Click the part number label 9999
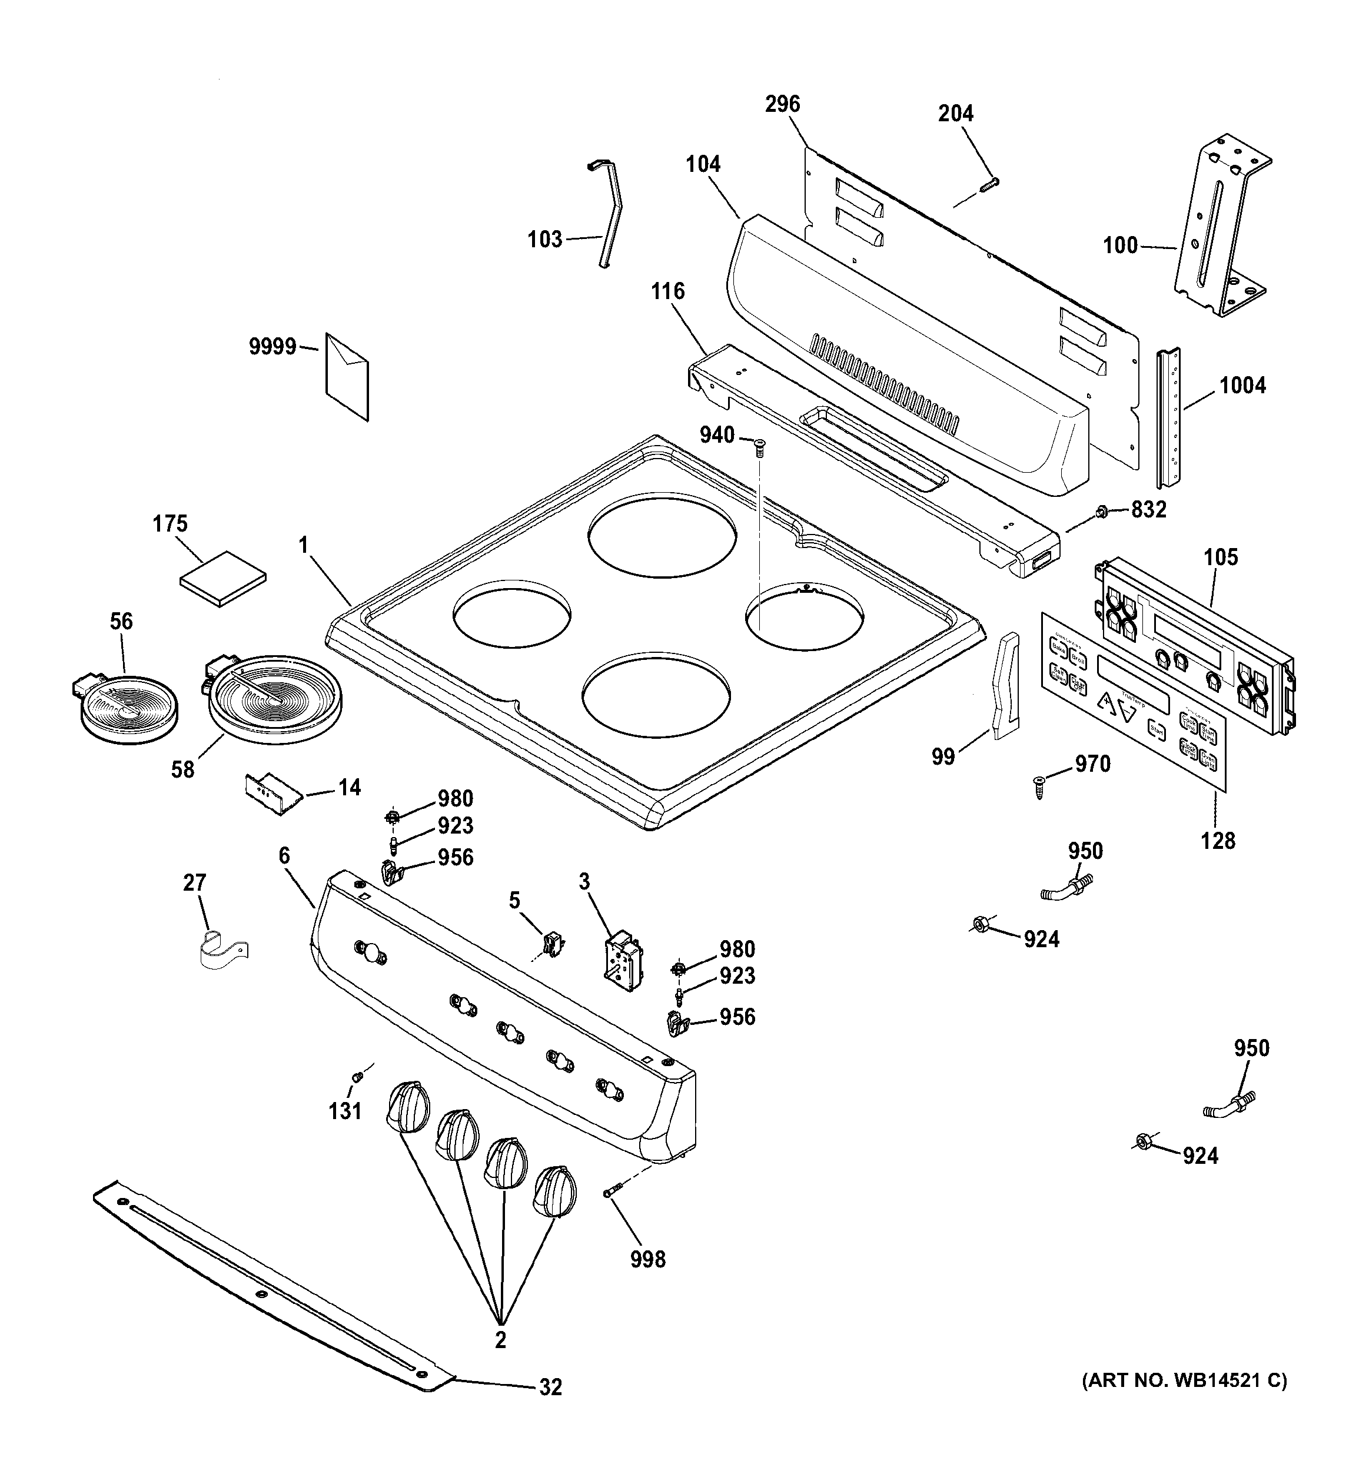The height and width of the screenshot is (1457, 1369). click(272, 347)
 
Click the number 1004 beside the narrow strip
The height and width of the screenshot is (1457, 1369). click(1242, 386)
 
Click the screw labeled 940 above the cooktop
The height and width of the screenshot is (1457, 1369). click(759, 446)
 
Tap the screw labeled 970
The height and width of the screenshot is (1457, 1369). click(1038, 786)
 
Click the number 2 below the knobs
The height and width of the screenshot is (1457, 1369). click(500, 1340)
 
